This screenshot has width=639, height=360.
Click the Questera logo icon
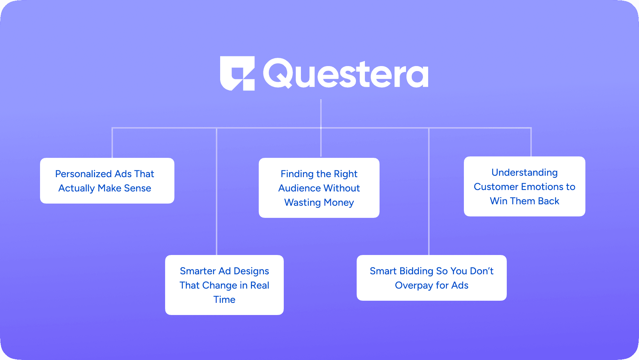(237, 73)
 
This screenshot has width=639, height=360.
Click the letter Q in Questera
(278, 73)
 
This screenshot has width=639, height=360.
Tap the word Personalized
(84, 174)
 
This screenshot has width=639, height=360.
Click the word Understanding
(525, 172)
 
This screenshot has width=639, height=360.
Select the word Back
(549, 201)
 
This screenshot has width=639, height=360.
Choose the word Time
(224, 300)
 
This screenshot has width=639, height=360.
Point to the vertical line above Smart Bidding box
(429, 191)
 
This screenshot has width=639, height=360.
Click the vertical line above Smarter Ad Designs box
(217, 191)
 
